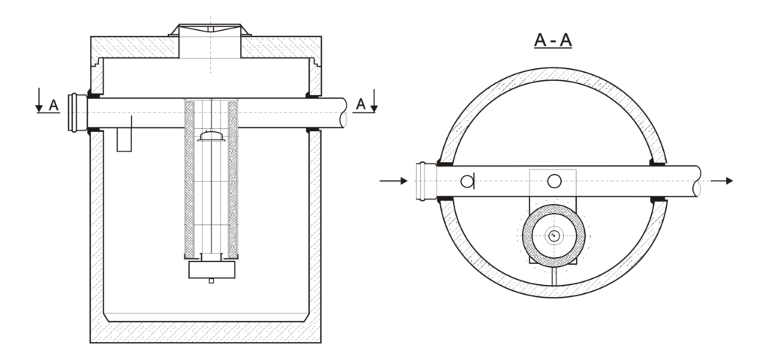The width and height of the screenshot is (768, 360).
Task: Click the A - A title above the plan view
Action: click(x=553, y=40)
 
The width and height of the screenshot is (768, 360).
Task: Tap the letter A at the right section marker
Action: click(x=361, y=104)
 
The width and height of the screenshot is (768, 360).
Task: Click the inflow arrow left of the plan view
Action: click(x=394, y=181)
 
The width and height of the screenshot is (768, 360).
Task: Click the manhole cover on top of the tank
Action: click(x=210, y=29)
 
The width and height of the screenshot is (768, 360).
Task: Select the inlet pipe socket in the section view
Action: click(x=76, y=112)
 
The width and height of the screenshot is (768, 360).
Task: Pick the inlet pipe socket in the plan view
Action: click(x=424, y=181)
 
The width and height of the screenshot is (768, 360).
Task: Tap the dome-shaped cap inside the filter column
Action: click(x=211, y=136)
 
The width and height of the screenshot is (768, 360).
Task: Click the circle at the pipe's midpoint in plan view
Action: click(x=554, y=180)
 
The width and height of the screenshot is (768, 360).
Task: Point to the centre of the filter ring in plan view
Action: click(x=553, y=235)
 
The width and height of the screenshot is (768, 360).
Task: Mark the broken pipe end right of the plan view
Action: click(x=699, y=181)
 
